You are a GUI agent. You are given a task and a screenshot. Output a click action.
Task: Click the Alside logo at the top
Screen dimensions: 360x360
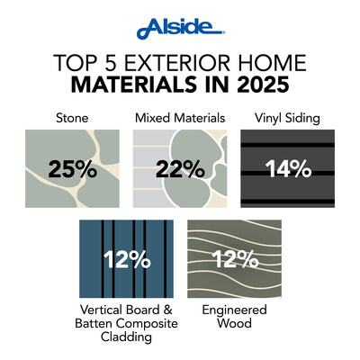tap(179, 30)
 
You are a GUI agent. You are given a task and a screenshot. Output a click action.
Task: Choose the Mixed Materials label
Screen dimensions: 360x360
tap(179, 117)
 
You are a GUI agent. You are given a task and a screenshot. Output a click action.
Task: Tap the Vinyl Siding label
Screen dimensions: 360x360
tap(288, 117)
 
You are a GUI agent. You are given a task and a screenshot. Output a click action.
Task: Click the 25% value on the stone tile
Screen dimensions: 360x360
tap(72, 167)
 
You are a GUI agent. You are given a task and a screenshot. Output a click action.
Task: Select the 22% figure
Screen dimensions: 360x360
tap(179, 167)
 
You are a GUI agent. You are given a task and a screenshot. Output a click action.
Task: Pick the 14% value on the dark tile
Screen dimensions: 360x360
tap(287, 167)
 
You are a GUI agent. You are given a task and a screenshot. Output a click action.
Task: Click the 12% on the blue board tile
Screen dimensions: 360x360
tap(126, 260)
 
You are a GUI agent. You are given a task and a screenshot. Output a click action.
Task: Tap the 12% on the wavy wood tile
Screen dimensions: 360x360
tap(233, 260)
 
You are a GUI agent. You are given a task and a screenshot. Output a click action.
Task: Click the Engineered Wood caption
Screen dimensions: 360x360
tap(233, 316)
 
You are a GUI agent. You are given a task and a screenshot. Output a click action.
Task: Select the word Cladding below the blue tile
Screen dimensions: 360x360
tap(126, 338)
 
